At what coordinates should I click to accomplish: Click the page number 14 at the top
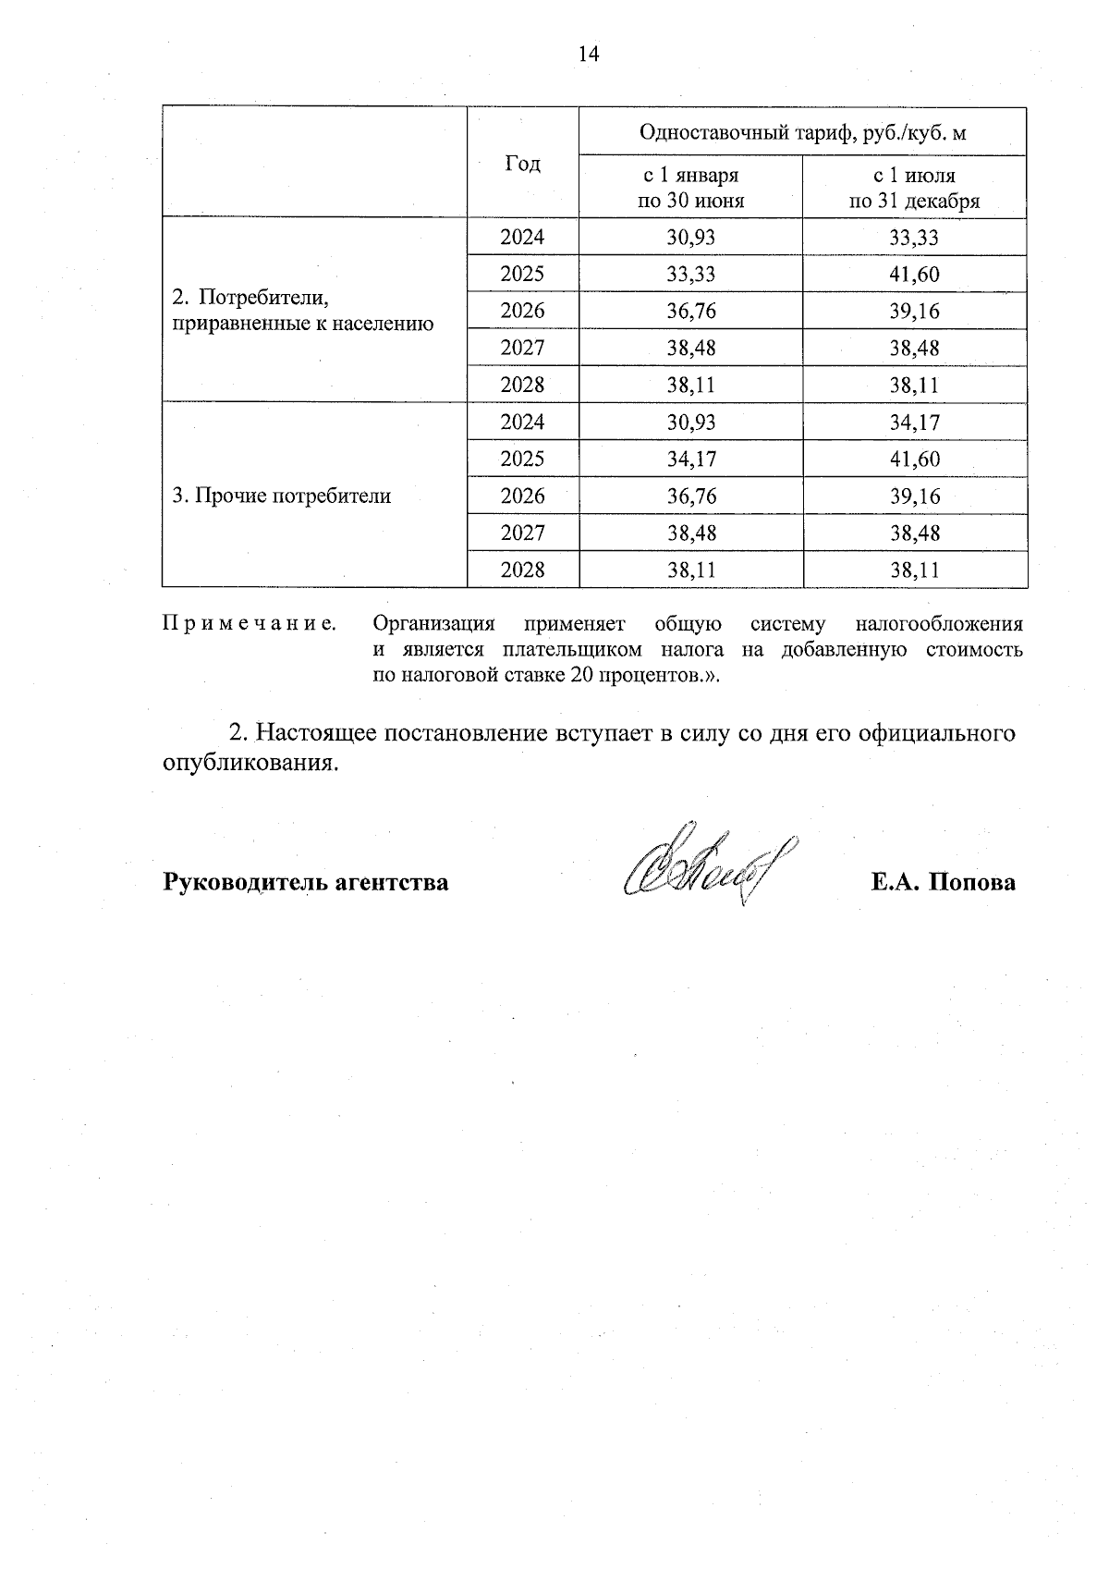coord(589,54)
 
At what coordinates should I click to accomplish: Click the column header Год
coord(522,164)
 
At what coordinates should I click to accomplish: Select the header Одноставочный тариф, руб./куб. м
coord(802,132)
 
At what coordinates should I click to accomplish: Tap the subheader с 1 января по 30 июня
coord(690,188)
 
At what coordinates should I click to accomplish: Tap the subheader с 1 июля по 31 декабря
coord(914,188)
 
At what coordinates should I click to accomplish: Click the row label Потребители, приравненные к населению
coord(303,311)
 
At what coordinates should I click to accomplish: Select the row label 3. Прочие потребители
coord(282,496)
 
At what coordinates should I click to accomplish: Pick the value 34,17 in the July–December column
coord(914,423)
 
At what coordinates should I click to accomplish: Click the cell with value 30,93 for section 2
coord(690,238)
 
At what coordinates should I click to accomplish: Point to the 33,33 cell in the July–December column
coord(914,238)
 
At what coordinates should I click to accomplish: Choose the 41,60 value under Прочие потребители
coord(914,460)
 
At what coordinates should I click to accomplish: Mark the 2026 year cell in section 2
coord(522,312)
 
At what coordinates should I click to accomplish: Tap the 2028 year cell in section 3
coord(522,570)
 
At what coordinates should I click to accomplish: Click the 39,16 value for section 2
coord(914,312)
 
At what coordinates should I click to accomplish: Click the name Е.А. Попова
coord(942,882)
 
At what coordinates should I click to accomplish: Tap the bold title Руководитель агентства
coord(306,882)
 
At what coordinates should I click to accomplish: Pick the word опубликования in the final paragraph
coord(247,764)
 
